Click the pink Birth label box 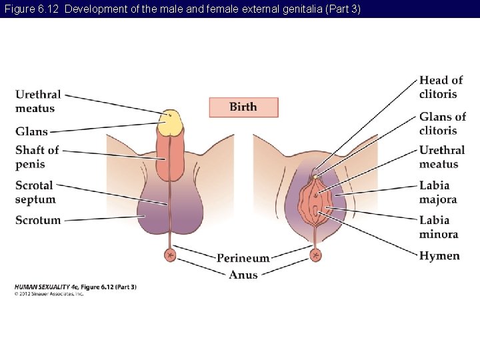[243, 107]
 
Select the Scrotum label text [38, 220]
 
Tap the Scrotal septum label [36, 192]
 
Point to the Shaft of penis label [37, 157]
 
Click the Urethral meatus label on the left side [38, 101]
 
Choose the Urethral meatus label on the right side [439, 157]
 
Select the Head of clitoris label [441, 87]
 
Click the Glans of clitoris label [442, 123]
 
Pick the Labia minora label [438, 227]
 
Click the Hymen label [439, 256]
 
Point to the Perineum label [243, 258]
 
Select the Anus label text [243, 275]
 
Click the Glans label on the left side [32, 132]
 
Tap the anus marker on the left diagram [171, 255]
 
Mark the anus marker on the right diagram [315, 255]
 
